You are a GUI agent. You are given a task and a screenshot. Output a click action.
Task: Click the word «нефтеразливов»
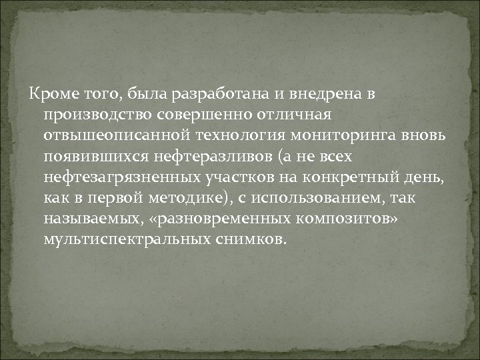[x=195, y=157]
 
